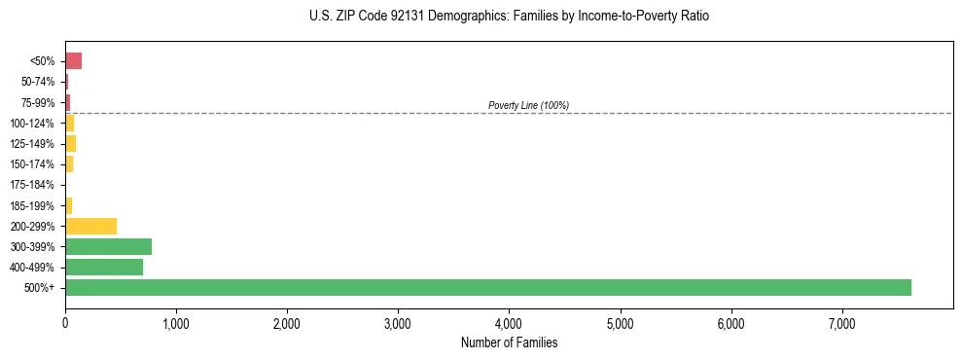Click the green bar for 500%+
click(x=487, y=287)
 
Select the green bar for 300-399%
click(x=108, y=246)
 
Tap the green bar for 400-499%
click(x=104, y=267)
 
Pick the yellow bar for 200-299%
click(x=90, y=226)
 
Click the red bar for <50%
click(x=73, y=61)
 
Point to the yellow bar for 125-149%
click(x=70, y=144)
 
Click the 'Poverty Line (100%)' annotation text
click(x=528, y=105)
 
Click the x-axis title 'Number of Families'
click(x=509, y=342)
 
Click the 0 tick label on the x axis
click(x=65, y=323)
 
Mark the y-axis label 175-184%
click(x=32, y=185)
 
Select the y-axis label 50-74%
click(x=37, y=82)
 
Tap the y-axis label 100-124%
click(x=32, y=124)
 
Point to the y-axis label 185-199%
click(x=32, y=205)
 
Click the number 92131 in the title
click(x=402, y=17)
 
